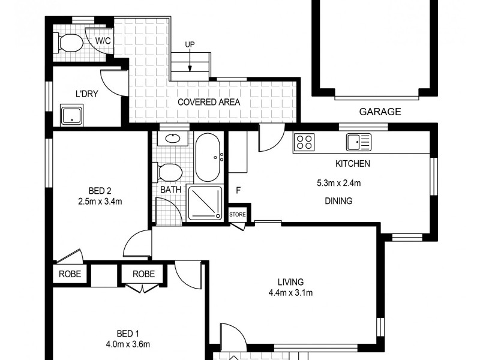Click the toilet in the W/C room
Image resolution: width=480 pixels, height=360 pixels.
pos(68,43)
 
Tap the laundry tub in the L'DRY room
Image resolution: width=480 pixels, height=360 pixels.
pos(71,115)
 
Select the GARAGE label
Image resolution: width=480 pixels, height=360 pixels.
pos(380,112)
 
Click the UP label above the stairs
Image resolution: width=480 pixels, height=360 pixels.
pos(190,44)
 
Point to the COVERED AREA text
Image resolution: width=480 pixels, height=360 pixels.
pos(209,102)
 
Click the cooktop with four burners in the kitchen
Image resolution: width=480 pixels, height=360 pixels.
pos(304,142)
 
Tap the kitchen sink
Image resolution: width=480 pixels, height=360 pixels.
pos(358,142)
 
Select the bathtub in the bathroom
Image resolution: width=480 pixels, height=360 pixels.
pos(208,157)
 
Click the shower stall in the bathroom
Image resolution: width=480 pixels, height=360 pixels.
pos(205,202)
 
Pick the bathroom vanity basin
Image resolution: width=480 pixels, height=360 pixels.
pos(173,139)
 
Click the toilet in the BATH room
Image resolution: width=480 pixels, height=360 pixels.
pos(168,172)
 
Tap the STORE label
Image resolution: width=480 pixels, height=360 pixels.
pos(238,215)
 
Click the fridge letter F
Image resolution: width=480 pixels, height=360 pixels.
pos(238,190)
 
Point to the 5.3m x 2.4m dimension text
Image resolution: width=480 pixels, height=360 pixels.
pos(338,183)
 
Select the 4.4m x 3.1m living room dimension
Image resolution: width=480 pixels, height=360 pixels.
pos(290,293)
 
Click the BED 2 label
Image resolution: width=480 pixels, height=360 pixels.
pos(100,191)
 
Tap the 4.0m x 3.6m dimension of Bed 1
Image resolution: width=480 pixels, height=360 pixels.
pos(128,344)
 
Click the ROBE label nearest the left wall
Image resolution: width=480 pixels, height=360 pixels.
pos(70,274)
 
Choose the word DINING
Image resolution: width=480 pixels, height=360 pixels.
pos(338,201)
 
